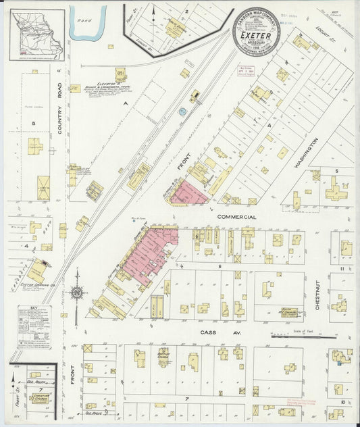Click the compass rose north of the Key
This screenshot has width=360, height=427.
point(76,293)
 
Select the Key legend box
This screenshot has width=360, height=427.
point(34,326)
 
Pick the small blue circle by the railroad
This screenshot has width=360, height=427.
point(181,111)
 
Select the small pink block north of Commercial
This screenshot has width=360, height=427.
point(189,193)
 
